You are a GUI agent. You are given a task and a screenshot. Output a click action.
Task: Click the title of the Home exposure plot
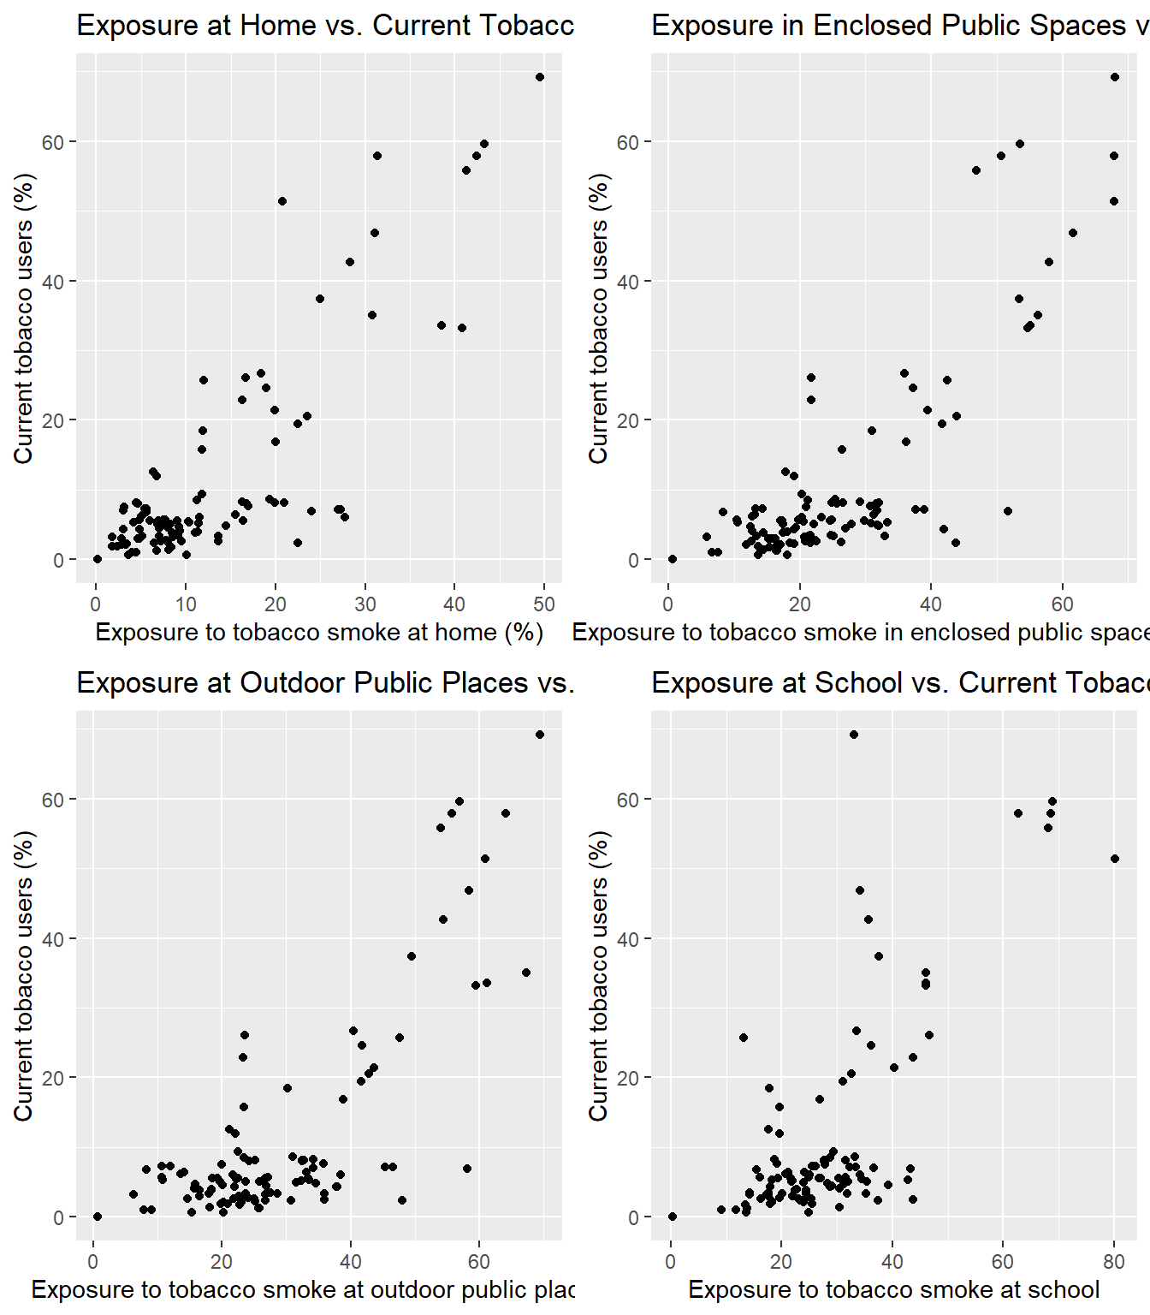coord(325,26)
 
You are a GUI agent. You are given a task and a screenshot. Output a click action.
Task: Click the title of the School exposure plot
coord(898,683)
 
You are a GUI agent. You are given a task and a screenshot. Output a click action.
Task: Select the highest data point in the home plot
coord(540,77)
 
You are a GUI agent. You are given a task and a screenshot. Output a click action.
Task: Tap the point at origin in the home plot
coord(98,559)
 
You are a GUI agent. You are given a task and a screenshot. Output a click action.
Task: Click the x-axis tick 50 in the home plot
coord(544,604)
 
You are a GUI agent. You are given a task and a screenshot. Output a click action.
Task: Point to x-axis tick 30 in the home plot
coord(365,604)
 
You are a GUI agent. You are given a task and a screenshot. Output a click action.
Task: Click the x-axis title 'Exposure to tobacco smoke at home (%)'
coord(319,633)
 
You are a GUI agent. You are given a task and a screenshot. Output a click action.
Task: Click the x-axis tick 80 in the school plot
coord(1114,1262)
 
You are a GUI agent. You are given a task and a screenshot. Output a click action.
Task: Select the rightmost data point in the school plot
coord(1115,859)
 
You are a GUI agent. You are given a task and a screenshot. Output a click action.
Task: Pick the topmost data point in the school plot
coord(854,735)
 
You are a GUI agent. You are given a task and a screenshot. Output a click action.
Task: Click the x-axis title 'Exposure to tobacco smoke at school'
coord(894,1290)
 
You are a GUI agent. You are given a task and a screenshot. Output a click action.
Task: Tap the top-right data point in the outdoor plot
coord(540,735)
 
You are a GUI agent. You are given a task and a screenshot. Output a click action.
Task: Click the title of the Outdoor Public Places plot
coord(325,683)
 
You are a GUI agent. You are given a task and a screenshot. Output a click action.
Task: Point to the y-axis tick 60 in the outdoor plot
coord(53,800)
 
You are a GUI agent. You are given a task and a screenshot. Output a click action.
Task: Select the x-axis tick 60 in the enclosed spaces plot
coord(1062,604)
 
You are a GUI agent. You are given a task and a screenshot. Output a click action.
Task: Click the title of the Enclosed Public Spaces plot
coord(898,26)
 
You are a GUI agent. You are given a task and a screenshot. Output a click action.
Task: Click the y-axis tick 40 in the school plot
coord(628,939)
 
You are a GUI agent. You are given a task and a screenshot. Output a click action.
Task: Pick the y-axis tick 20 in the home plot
coord(53,420)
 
